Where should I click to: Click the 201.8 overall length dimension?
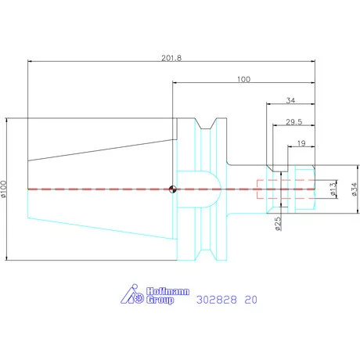pyautogui.click(x=171, y=58)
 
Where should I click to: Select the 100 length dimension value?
pyautogui.click(x=243, y=79)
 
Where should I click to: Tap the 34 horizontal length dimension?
pyautogui.click(x=290, y=100)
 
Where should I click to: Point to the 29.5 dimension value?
pyautogui.click(x=293, y=122)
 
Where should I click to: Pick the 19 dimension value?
pyautogui.click(x=301, y=143)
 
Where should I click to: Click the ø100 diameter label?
pyautogui.click(x=3, y=189)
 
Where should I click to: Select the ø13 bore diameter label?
pyautogui.click(x=333, y=189)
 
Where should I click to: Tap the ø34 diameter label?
pyautogui.click(x=354, y=189)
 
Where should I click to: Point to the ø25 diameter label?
pyautogui.click(x=279, y=224)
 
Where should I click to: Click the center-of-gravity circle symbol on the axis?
pyautogui.click(x=172, y=189)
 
